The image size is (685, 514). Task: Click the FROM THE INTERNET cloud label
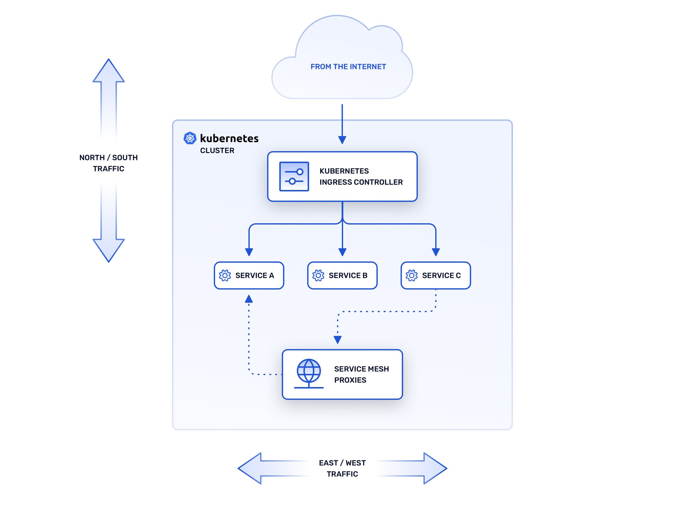point(348,67)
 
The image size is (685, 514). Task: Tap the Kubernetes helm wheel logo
point(190,138)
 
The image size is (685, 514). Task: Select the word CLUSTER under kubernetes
point(217,151)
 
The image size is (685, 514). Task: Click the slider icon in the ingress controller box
point(294,177)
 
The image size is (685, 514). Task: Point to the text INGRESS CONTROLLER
point(361,182)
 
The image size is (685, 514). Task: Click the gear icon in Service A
point(225,275)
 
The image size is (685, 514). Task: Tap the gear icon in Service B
point(318,275)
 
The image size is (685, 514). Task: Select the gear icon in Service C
point(412,275)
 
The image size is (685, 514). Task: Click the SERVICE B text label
point(348,275)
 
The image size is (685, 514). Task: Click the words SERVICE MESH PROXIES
point(361,374)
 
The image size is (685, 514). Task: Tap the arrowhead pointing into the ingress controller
point(342,140)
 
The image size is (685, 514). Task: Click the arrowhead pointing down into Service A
point(249,252)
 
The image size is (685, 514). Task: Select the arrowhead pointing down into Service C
point(436,252)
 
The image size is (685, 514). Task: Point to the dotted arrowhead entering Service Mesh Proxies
point(338,339)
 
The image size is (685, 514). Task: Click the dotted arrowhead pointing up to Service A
point(249,299)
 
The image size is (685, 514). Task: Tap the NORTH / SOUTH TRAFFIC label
point(109,163)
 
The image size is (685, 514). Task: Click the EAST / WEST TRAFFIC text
point(342,468)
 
